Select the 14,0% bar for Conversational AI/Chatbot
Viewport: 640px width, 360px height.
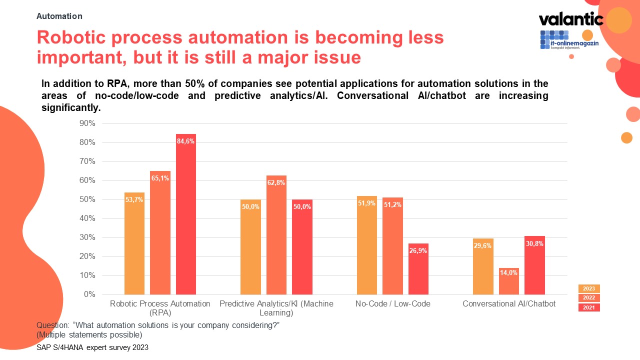pyautogui.click(x=509, y=281)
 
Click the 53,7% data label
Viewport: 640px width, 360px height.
pyautogui.click(x=134, y=200)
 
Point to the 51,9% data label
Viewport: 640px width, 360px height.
pyautogui.click(x=367, y=203)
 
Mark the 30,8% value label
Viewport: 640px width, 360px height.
pyautogui.click(x=534, y=243)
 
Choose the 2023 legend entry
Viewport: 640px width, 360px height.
pyautogui.click(x=589, y=288)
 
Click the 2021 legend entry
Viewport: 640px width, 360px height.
pyautogui.click(x=589, y=307)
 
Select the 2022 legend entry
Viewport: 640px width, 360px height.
pyautogui.click(x=589, y=298)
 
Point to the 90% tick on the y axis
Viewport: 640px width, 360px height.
pyautogui.click(x=87, y=123)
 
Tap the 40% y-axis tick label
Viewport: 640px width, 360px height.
pyautogui.click(x=87, y=218)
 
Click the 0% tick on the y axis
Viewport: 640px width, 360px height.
pyautogui.click(x=89, y=294)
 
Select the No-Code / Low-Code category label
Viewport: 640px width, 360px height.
pyautogui.click(x=392, y=303)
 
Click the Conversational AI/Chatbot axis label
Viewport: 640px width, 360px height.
pyautogui.click(x=509, y=303)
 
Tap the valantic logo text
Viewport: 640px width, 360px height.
pyautogui.click(x=570, y=19)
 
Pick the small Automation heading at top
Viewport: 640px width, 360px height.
pyautogui.click(x=59, y=16)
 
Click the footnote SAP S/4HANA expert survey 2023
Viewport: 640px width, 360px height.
pyautogui.click(x=92, y=347)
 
